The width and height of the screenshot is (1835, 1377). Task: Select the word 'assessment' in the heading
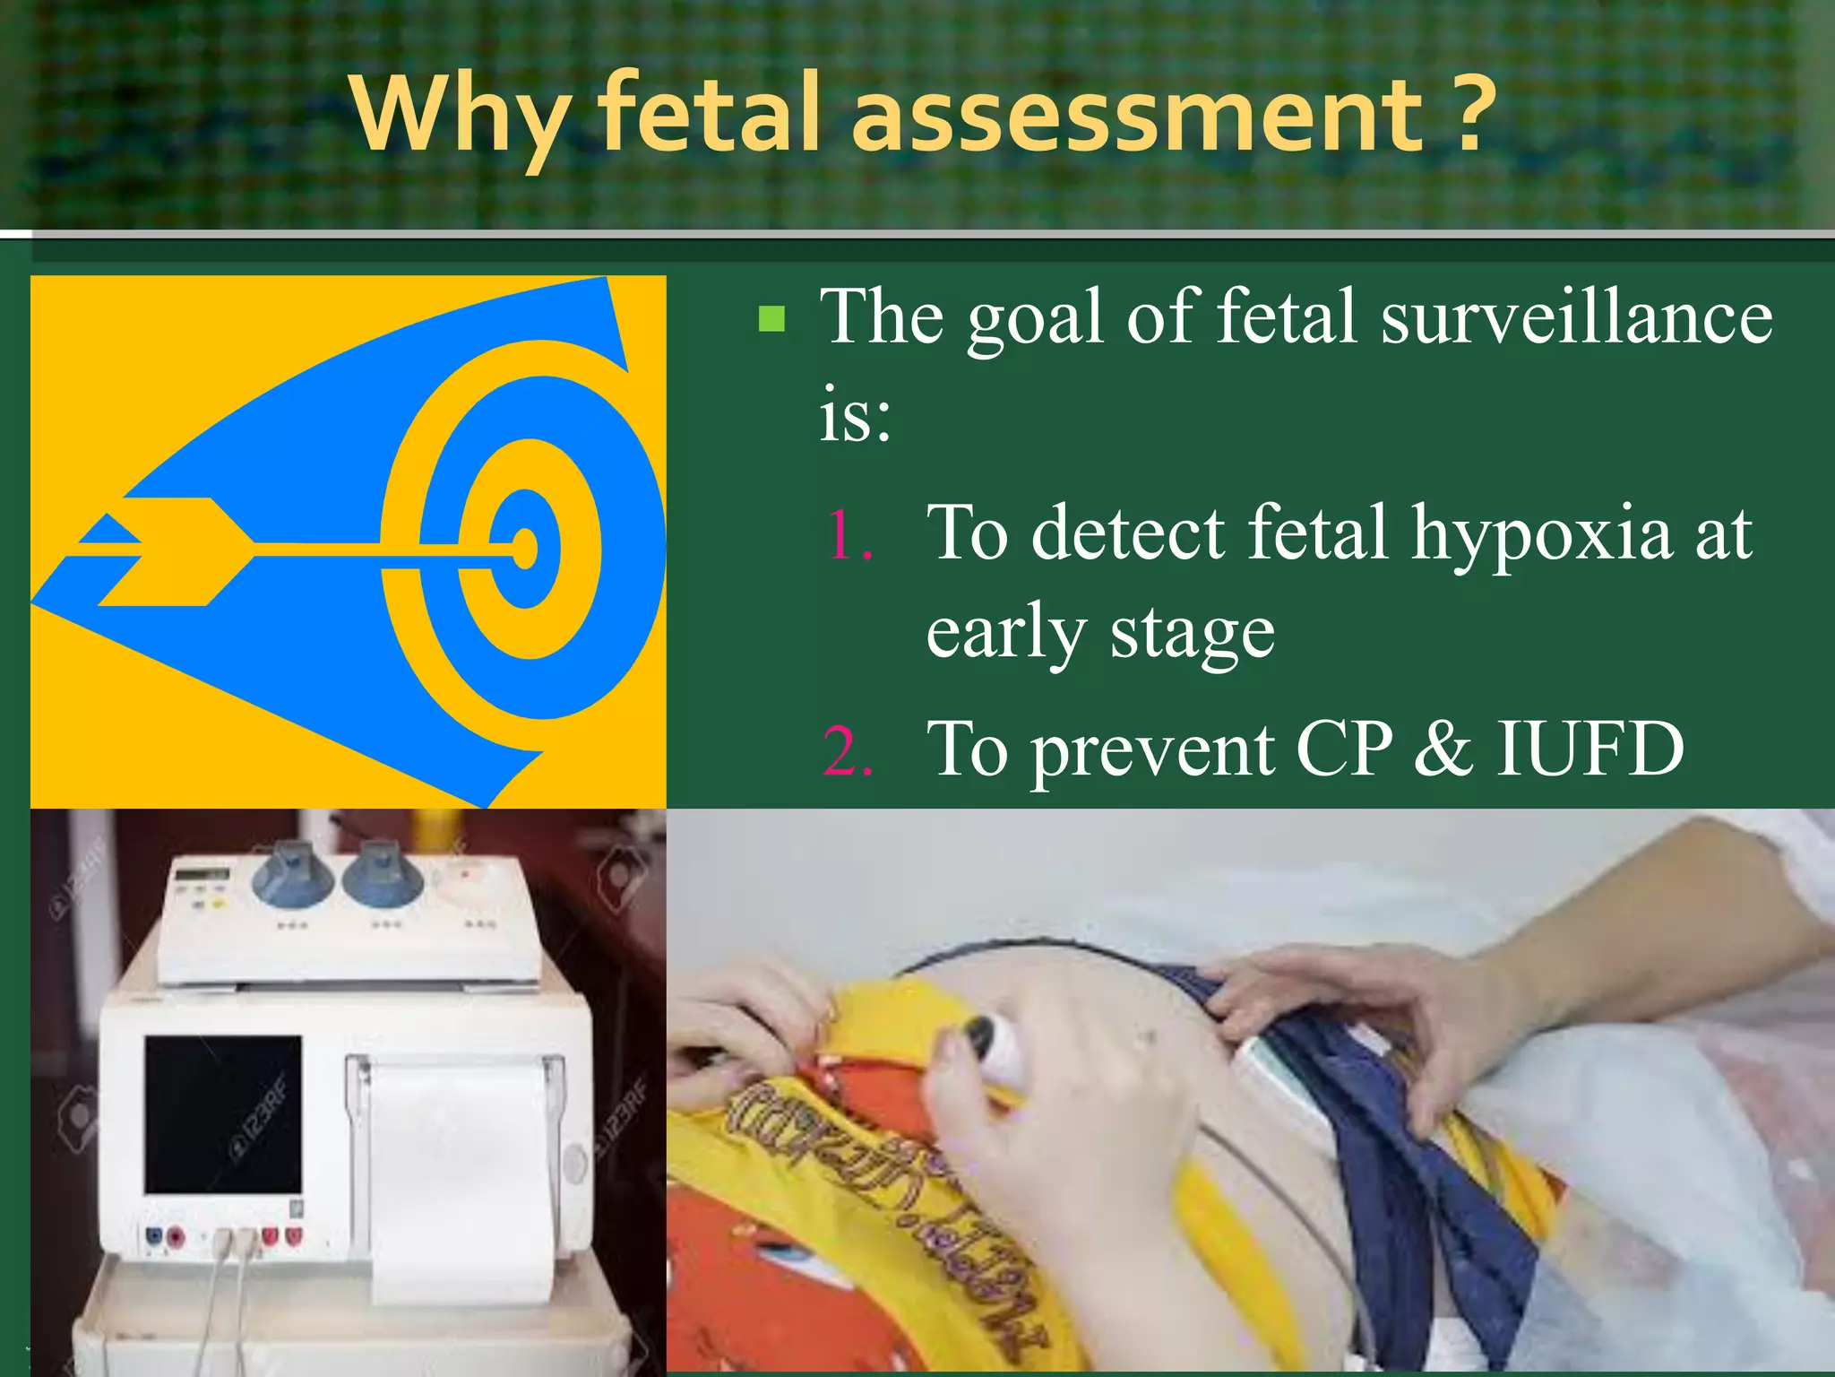(1136, 114)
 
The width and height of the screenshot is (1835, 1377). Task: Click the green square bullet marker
(771, 319)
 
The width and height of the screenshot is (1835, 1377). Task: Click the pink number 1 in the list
(847, 535)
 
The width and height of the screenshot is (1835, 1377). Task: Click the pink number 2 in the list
(847, 751)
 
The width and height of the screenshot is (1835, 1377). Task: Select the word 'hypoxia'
(1541, 535)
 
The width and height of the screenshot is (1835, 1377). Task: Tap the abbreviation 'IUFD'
(1590, 749)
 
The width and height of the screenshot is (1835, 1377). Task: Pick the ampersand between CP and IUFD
(1443, 749)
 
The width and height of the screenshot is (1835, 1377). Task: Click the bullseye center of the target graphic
(525, 549)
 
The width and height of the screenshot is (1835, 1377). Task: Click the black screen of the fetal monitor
(224, 1113)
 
